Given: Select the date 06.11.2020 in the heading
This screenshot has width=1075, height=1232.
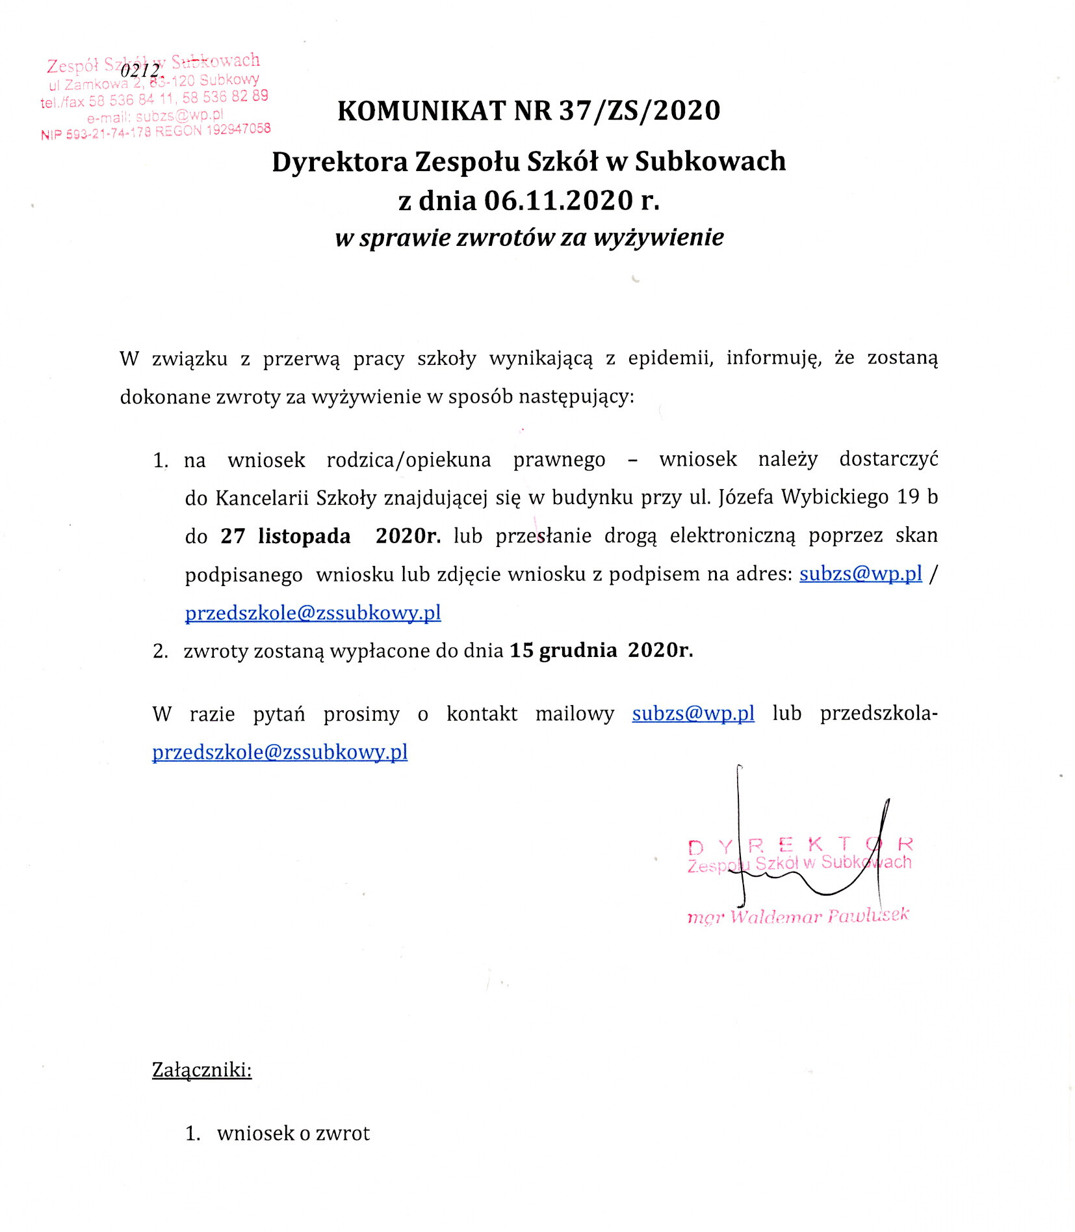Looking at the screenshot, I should click(x=558, y=200).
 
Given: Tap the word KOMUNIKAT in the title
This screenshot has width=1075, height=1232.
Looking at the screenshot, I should click(x=421, y=111).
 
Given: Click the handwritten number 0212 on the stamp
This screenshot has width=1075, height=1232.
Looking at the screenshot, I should click(x=140, y=70).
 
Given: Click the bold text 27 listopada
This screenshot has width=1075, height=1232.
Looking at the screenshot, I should click(x=285, y=536).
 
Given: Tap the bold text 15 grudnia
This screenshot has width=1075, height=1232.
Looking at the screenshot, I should click(x=563, y=650).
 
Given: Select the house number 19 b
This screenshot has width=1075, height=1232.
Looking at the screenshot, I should click(x=918, y=497).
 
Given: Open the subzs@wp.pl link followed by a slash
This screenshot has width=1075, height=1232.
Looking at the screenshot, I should click(x=860, y=574).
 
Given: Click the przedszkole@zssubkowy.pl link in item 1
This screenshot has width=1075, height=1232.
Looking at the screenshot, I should click(x=313, y=613).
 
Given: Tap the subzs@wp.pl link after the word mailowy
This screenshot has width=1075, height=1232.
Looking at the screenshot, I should click(x=693, y=714).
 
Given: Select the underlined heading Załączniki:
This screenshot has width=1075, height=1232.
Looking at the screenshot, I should click(x=201, y=1069).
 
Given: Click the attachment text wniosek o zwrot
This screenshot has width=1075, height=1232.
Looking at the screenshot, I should click(x=293, y=1133).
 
